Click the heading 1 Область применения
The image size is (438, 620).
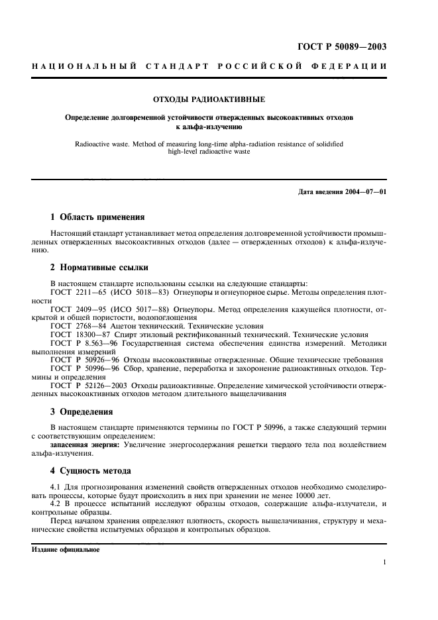coord(98,217)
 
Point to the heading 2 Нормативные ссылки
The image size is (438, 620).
coord(99,268)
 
